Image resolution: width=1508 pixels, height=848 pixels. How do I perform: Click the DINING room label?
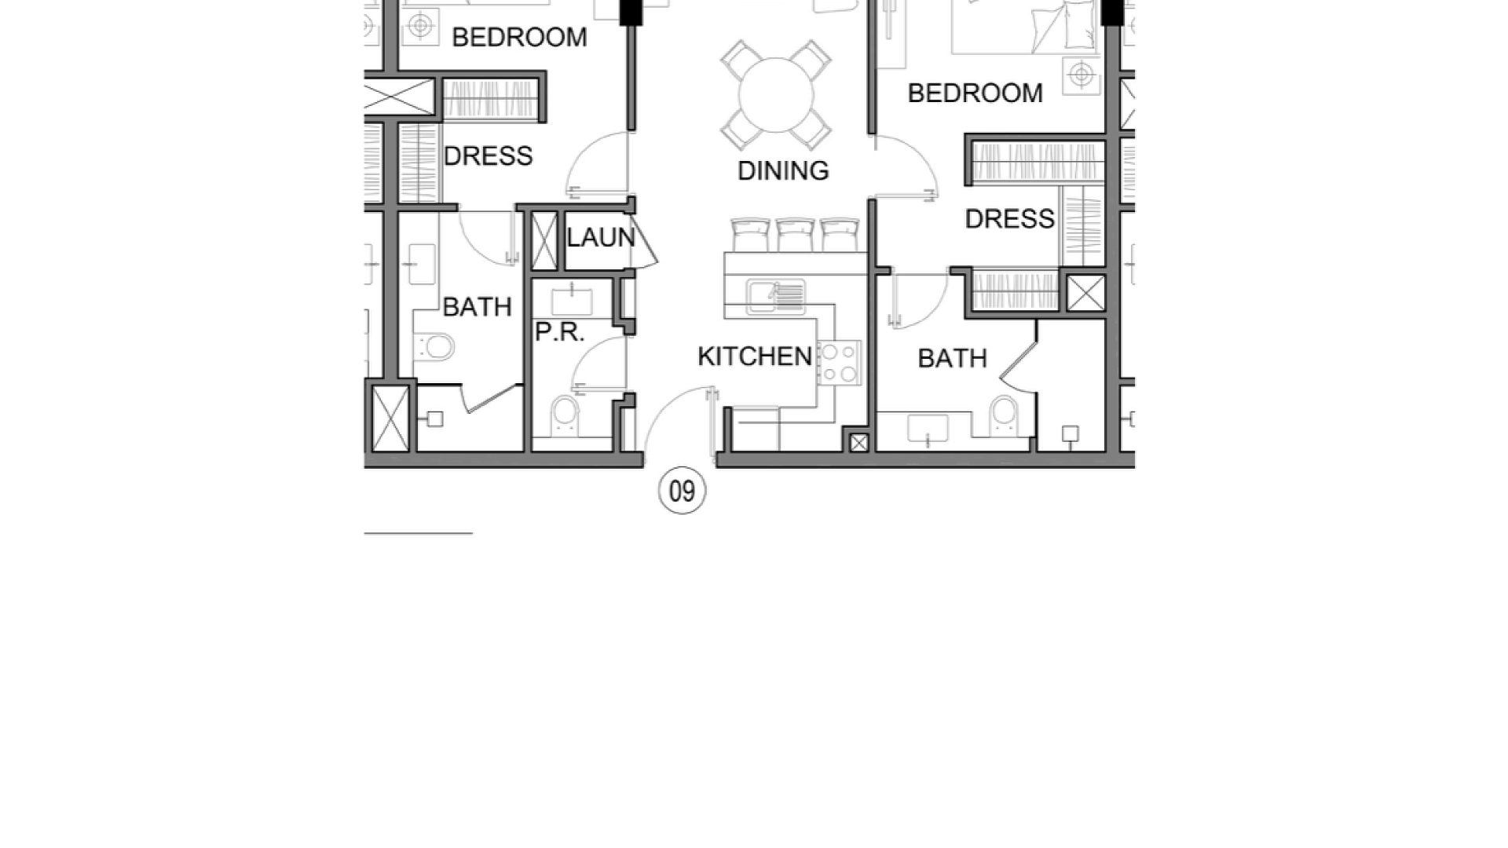(x=783, y=170)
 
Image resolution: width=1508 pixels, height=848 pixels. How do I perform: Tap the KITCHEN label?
(x=755, y=356)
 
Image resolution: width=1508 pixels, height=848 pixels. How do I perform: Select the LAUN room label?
(x=601, y=237)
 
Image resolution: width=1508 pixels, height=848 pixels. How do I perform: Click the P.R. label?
(x=560, y=332)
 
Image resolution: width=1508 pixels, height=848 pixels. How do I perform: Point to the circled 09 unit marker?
(x=682, y=491)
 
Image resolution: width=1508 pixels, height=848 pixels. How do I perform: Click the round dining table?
(x=776, y=95)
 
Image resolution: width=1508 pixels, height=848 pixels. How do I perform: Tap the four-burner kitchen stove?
(x=839, y=363)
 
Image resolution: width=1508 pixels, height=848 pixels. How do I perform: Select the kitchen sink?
(x=776, y=296)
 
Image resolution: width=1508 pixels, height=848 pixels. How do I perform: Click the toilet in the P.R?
(x=565, y=415)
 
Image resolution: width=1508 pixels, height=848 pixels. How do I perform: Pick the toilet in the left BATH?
(x=434, y=346)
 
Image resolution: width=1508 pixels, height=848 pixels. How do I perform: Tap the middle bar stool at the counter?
(x=795, y=236)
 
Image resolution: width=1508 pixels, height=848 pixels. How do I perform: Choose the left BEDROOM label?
(x=519, y=38)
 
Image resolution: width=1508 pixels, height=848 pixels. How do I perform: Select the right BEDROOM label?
(x=975, y=93)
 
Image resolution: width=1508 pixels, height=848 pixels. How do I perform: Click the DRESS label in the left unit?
(x=488, y=156)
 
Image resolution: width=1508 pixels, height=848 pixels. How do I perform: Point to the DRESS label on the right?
(x=1009, y=219)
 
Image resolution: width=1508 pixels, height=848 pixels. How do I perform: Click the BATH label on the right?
(x=952, y=359)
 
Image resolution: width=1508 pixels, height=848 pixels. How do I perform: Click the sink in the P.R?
(x=573, y=302)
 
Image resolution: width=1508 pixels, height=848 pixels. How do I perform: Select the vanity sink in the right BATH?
(x=928, y=429)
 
